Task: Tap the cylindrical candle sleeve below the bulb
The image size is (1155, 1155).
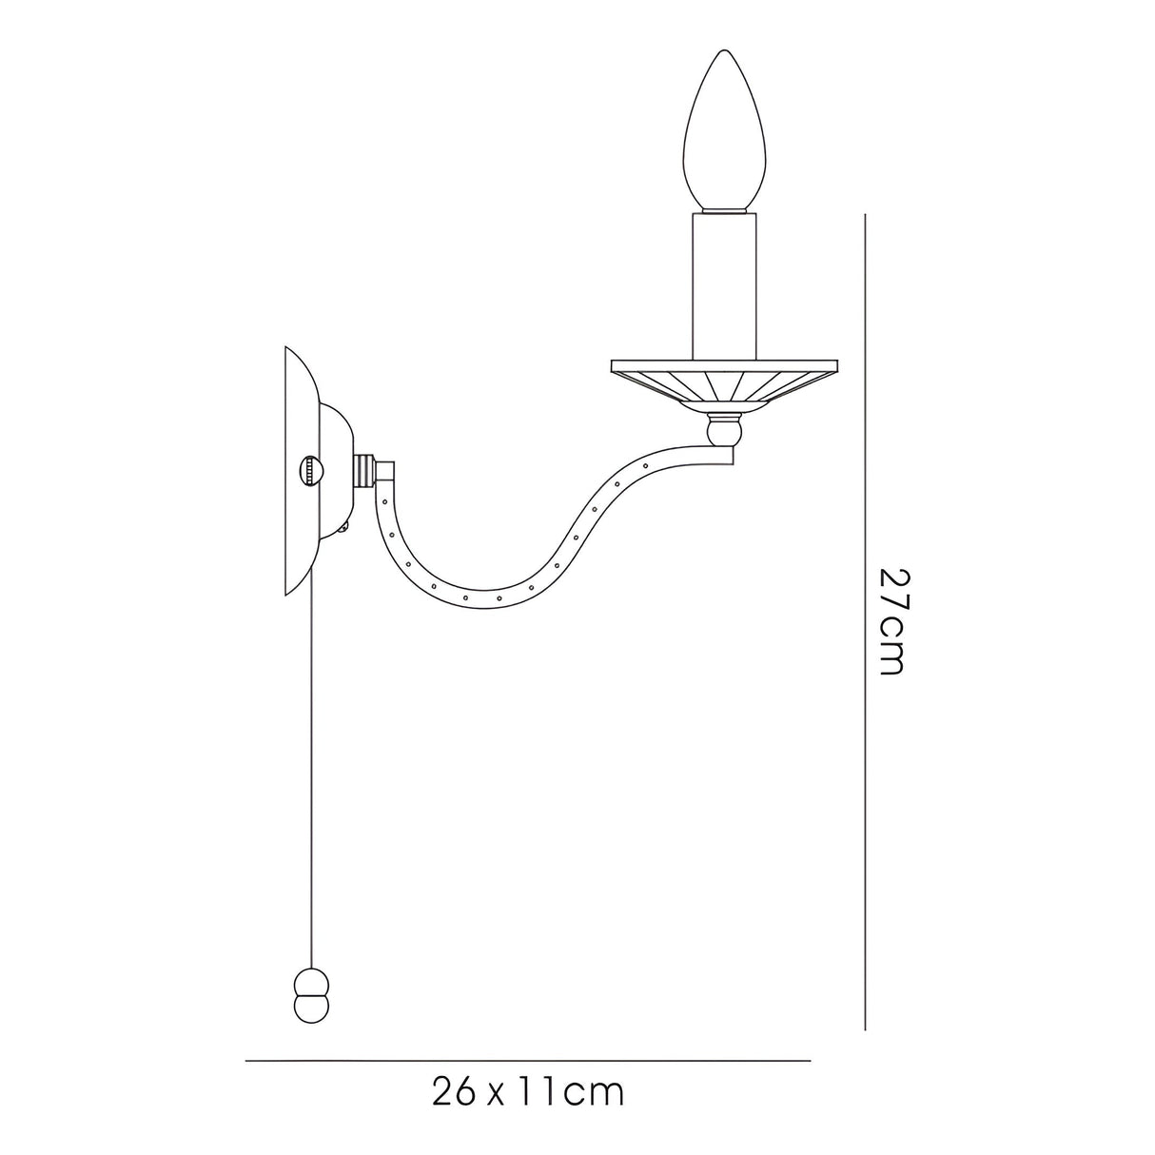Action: coord(725,286)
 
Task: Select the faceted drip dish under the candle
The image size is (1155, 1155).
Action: coord(724,386)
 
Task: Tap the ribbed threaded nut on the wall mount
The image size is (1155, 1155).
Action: coord(364,471)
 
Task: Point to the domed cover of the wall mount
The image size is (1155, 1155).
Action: coord(336,472)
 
